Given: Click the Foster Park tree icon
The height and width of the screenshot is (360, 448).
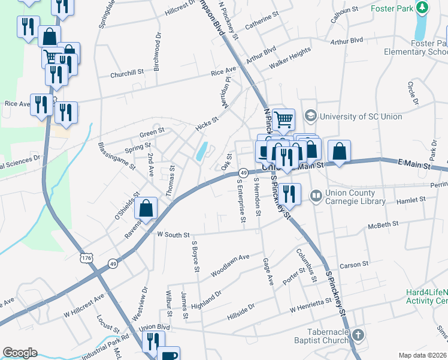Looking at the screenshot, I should pyautogui.click(x=423, y=8).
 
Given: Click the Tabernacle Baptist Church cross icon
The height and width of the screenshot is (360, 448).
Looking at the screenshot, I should pyautogui.click(x=358, y=335).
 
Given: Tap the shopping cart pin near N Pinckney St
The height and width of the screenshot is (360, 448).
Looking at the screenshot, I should pyautogui.click(x=283, y=119).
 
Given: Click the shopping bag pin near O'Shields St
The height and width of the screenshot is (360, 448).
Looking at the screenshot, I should pyautogui.click(x=146, y=208).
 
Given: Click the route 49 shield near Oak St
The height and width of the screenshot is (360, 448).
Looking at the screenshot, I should pyautogui.click(x=243, y=173).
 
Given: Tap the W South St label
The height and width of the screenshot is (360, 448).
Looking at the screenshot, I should pyautogui.click(x=173, y=235).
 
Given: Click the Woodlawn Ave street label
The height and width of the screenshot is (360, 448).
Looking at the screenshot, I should pyautogui.click(x=230, y=265).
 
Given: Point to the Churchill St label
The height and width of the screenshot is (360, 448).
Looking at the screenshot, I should pyautogui.click(x=127, y=74).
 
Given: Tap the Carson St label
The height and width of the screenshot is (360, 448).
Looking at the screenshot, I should pyautogui.click(x=353, y=265).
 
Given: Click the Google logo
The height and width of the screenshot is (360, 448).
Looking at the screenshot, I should pyautogui.click(x=20, y=353).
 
